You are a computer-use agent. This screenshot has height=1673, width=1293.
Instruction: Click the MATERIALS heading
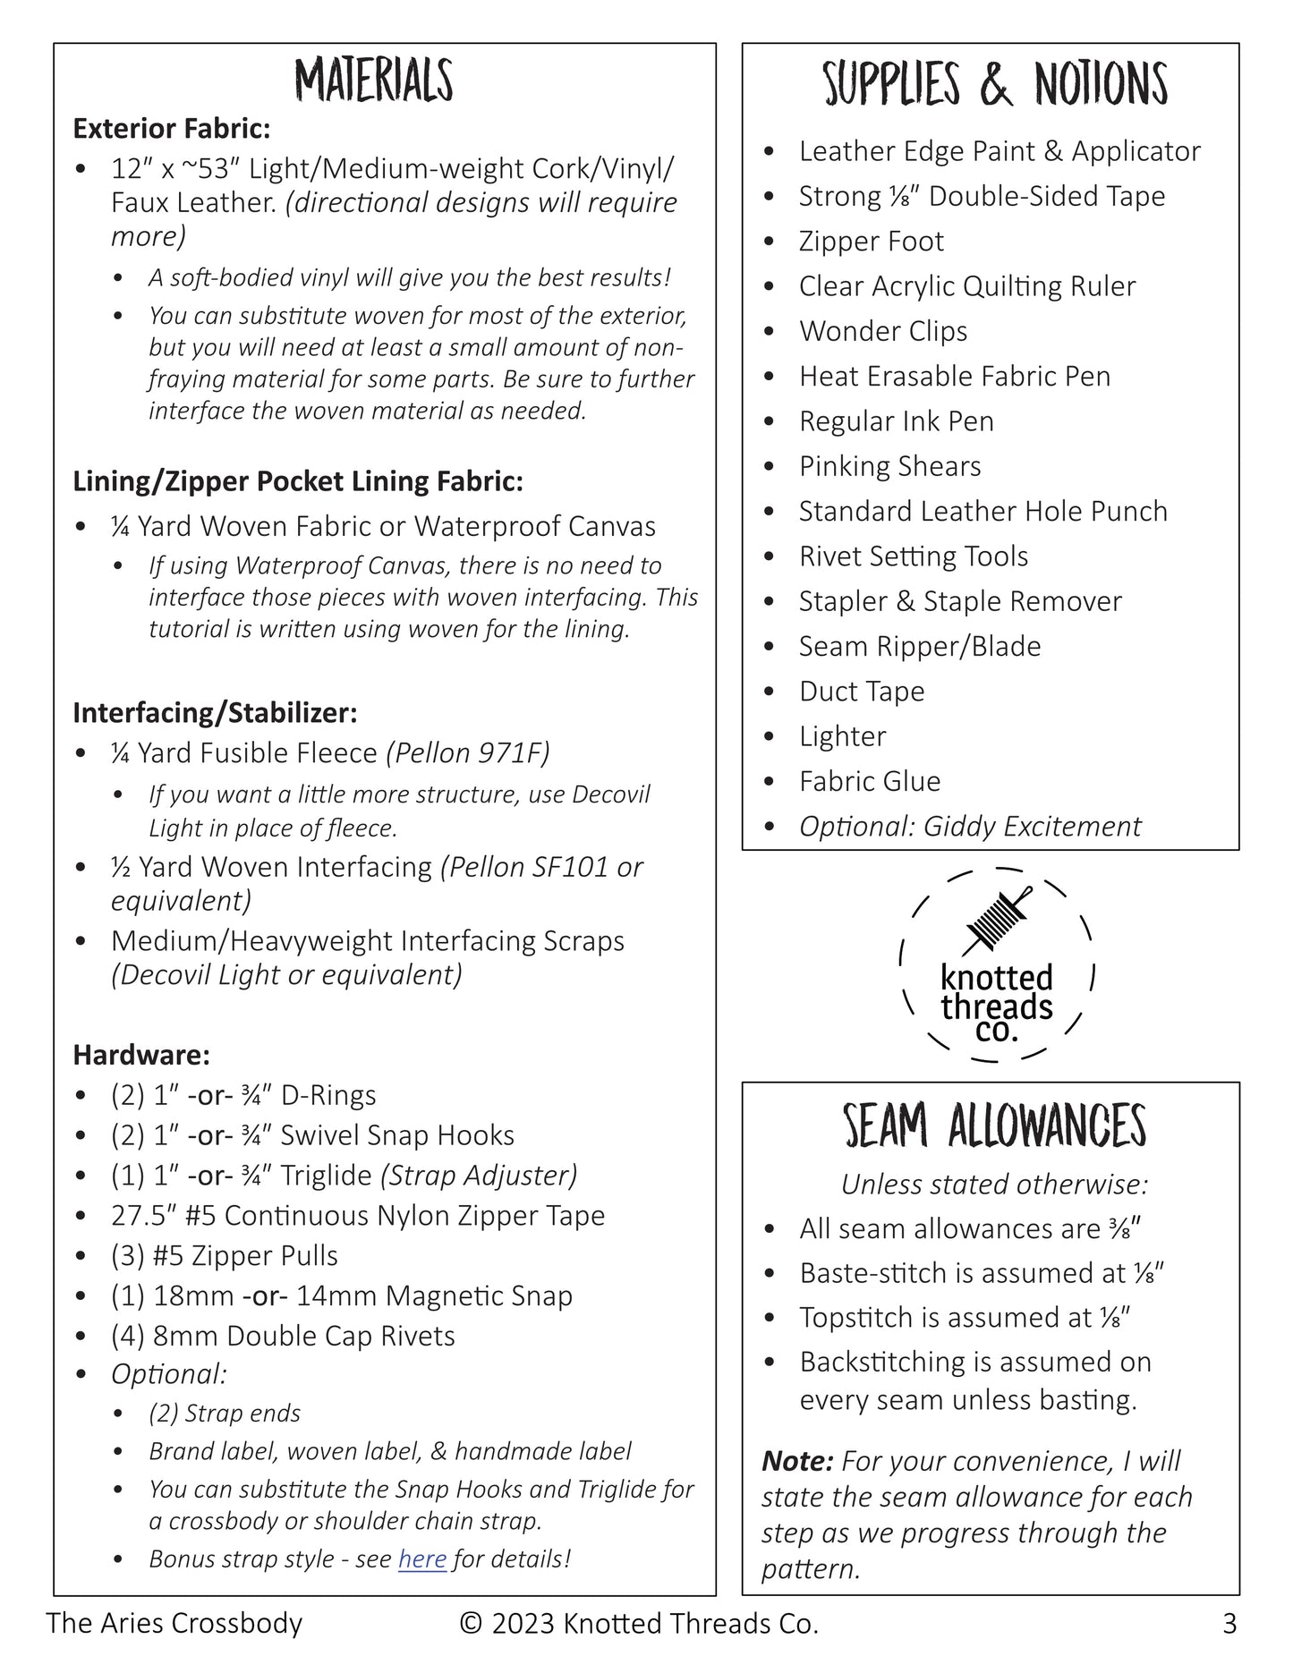(x=374, y=81)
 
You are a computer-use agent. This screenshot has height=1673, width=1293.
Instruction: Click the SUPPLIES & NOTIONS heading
(x=994, y=85)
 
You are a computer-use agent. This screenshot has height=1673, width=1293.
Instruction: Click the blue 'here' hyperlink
(x=421, y=1558)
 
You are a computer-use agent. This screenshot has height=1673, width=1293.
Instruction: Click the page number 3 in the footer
(x=1229, y=1623)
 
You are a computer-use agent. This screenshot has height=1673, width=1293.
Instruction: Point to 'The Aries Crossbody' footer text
(x=174, y=1623)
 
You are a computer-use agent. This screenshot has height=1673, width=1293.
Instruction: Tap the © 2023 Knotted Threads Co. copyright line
(x=639, y=1623)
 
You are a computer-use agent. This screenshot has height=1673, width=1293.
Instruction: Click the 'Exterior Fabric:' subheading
(x=172, y=129)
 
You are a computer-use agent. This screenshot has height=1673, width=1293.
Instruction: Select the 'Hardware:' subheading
(x=141, y=1055)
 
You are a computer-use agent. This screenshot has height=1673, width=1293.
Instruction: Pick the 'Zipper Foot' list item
(x=871, y=242)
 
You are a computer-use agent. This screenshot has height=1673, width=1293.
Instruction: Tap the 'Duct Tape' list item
(x=861, y=692)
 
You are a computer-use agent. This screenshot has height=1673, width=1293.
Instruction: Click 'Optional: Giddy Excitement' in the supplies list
(x=969, y=827)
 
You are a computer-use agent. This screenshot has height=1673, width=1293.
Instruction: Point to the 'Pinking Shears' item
(x=889, y=466)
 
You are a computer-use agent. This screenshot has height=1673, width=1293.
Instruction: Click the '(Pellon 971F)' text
(x=467, y=753)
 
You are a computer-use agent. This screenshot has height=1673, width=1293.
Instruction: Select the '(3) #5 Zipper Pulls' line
(x=224, y=1255)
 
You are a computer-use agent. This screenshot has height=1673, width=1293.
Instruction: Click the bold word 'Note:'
(x=797, y=1461)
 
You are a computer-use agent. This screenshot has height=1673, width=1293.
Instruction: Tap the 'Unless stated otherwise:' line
(x=994, y=1185)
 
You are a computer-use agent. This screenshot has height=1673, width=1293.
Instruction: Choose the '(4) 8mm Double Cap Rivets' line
(x=283, y=1336)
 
